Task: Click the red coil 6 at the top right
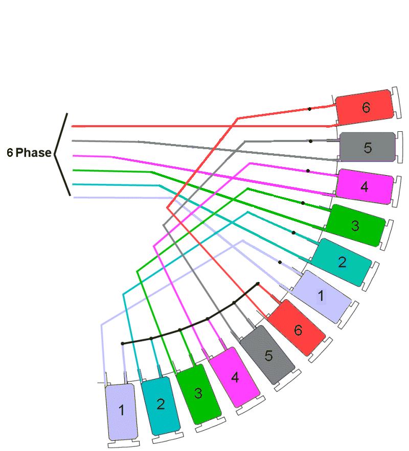[365, 107]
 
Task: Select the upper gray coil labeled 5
[368, 147]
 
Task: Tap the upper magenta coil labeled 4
[364, 187]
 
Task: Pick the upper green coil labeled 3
[355, 225]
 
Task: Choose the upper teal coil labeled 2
[342, 263]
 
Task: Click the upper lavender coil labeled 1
[321, 296]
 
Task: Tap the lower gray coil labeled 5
[268, 355]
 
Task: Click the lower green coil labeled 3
[198, 394]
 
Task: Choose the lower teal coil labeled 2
[161, 405]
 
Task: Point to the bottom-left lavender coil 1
[121, 411]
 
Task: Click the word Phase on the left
[34, 153]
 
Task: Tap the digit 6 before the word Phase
[10, 153]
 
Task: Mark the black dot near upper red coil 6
[309, 109]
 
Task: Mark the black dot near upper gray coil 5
[310, 140]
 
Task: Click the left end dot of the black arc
[123, 344]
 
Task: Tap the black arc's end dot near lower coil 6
[258, 283]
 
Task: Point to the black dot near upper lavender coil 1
[280, 262]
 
